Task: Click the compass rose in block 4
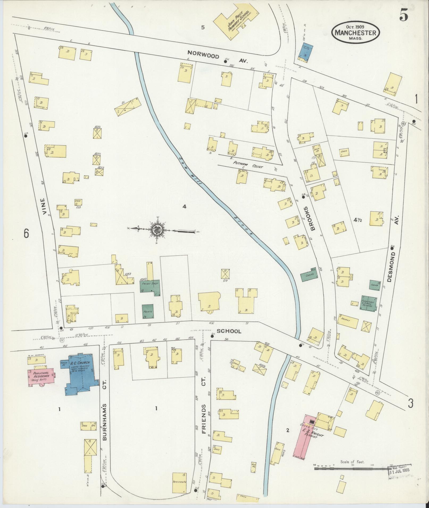tap(157, 230)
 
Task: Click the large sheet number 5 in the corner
tap(403, 16)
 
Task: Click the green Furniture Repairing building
tap(369, 303)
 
